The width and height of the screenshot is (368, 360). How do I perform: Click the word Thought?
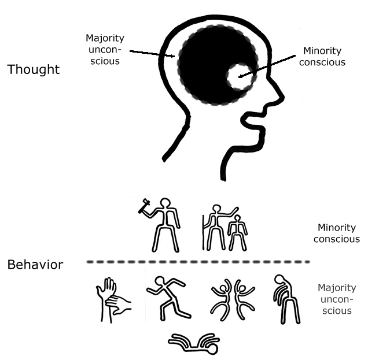click(x=33, y=69)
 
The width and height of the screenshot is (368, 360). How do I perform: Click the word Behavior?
click(x=35, y=265)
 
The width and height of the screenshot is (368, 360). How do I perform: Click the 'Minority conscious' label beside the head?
click(x=324, y=57)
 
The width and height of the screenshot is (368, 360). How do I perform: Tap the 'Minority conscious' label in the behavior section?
click(x=338, y=233)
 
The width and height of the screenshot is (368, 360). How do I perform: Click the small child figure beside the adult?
click(x=236, y=232)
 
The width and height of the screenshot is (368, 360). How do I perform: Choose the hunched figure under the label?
click(x=285, y=299)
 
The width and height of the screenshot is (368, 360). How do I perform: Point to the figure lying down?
click(x=194, y=343)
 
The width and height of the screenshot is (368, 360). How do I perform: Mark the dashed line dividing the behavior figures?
click(x=197, y=262)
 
